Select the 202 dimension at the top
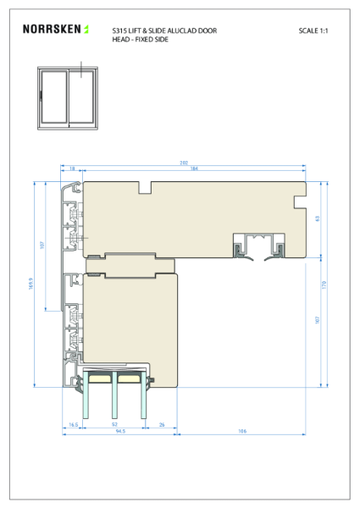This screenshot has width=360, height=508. [184, 163]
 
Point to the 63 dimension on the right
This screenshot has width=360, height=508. [318, 218]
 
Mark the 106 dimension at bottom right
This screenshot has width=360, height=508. [241, 431]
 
